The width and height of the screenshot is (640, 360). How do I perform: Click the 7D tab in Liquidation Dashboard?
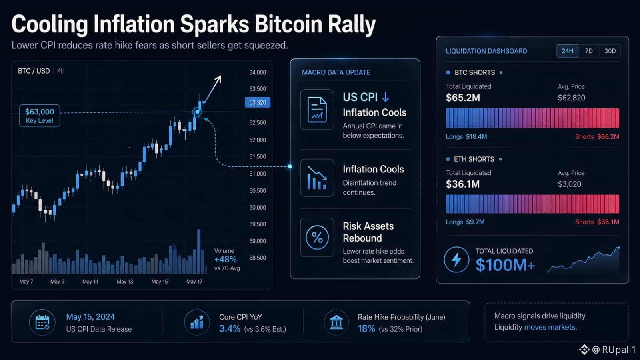point(588,51)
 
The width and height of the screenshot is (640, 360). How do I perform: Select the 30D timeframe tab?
point(610,51)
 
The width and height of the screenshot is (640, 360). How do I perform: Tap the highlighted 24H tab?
point(568,51)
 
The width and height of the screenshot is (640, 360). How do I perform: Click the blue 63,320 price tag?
point(258,102)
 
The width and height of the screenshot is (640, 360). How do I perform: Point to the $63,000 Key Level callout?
point(40,116)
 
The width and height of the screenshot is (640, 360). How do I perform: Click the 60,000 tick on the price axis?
point(258,208)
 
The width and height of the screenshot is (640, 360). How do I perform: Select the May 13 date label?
point(125,282)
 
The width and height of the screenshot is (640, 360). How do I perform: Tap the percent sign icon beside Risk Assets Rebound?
point(317,238)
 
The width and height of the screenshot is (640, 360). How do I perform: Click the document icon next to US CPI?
point(317,110)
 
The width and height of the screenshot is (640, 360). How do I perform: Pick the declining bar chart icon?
point(317,178)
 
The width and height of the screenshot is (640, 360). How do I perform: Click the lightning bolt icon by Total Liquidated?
point(456,260)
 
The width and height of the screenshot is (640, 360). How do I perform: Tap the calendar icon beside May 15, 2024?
point(42,322)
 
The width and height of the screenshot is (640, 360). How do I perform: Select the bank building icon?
point(336,322)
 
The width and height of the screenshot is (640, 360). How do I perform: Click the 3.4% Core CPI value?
point(230,328)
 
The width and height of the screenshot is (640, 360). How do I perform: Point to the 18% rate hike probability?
point(366,328)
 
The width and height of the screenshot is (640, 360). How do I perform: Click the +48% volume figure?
point(226,260)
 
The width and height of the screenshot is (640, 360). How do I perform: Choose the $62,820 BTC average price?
point(572,98)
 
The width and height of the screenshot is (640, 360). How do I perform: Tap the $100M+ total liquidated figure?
point(505,265)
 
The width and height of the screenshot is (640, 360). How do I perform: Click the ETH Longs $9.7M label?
point(465,222)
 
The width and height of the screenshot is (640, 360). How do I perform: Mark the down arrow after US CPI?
point(386,97)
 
